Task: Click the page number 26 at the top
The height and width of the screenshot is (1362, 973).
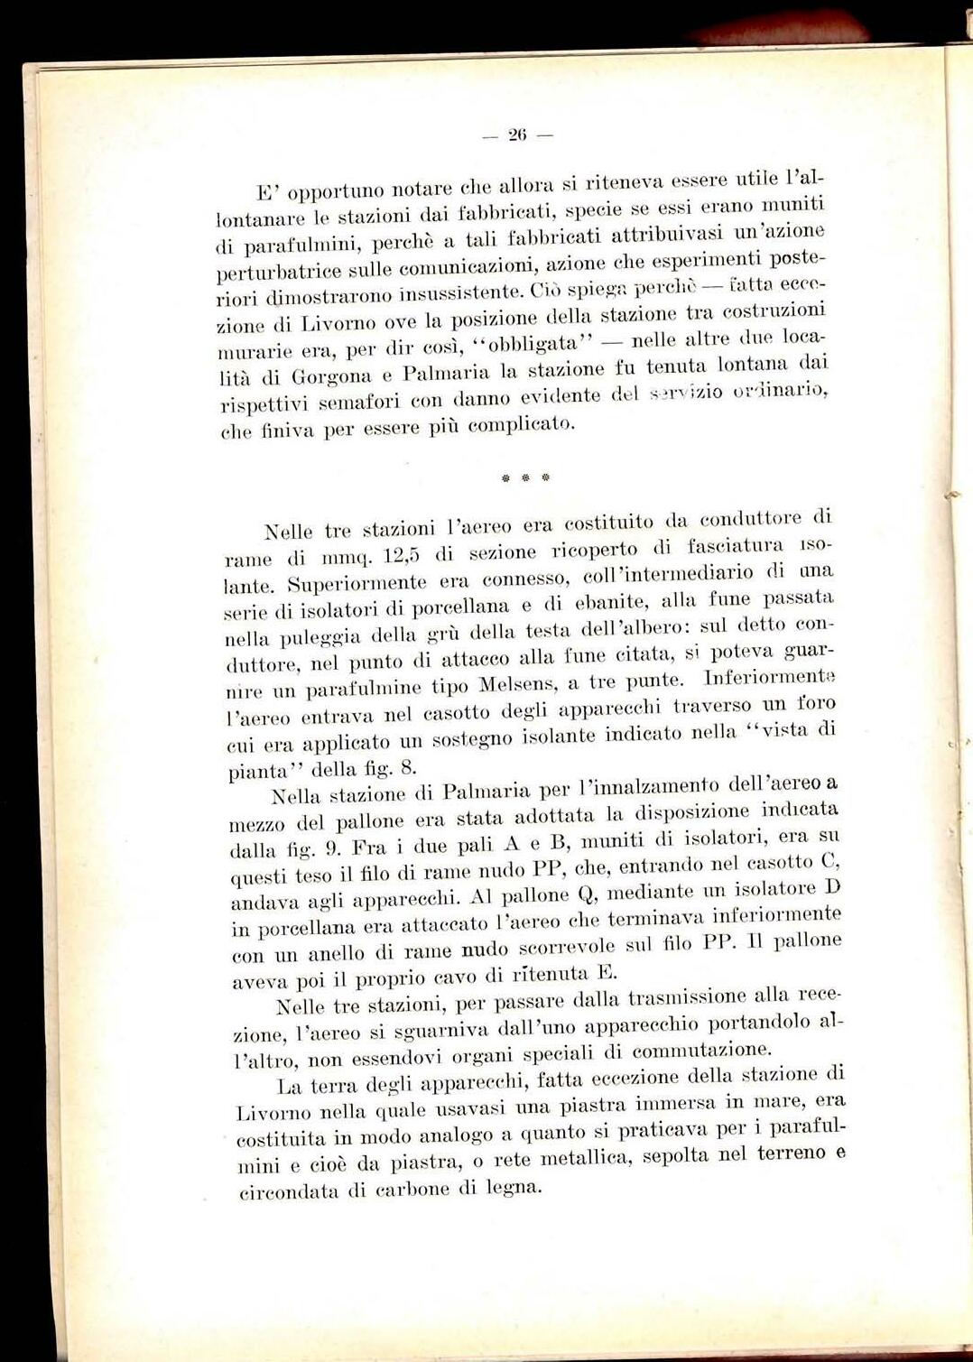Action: coord(516,135)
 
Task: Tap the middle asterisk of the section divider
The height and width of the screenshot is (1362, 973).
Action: coord(524,476)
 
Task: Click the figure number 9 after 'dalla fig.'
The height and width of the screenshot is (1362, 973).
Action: coord(331,848)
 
